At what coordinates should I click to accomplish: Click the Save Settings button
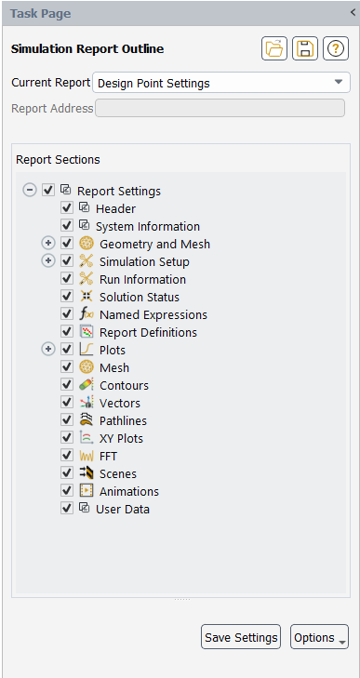(x=241, y=637)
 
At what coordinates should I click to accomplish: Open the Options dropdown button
(x=319, y=637)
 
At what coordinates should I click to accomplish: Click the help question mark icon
(x=335, y=49)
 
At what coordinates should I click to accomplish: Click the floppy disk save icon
(x=304, y=49)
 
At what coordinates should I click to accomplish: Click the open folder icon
(x=274, y=49)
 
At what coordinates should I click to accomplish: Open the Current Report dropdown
(x=221, y=83)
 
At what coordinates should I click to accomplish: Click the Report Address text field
(x=221, y=109)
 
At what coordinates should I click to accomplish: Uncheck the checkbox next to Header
(x=67, y=208)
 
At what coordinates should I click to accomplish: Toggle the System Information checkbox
(x=67, y=226)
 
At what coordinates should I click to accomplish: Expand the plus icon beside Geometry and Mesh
(x=48, y=244)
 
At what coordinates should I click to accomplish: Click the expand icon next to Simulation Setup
(x=48, y=261)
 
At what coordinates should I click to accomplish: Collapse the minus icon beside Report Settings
(x=30, y=191)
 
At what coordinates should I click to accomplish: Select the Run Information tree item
(x=142, y=279)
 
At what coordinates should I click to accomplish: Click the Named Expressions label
(x=153, y=314)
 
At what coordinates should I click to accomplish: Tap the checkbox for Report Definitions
(x=67, y=332)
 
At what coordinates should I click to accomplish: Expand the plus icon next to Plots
(x=48, y=350)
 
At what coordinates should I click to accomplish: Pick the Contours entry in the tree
(x=124, y=385)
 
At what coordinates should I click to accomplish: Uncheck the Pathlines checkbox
(x=67, y=420)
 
